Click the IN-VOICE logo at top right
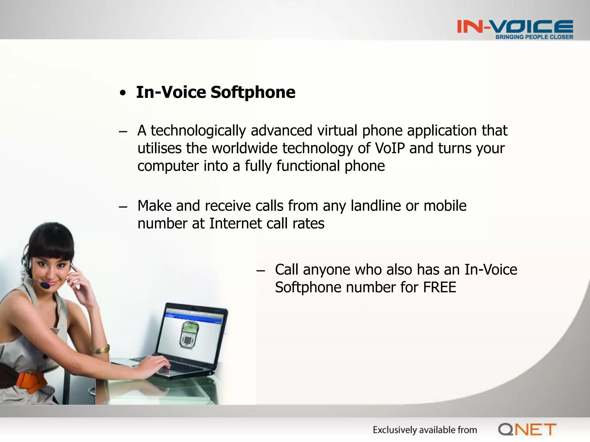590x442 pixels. click(515, 27)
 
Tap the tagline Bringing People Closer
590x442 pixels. click(534, 37)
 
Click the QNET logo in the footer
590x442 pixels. click(527, 430)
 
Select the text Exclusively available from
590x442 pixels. click(425, 430)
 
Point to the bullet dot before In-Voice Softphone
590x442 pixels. click(123, 93)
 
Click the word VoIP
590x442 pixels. click(390, 148)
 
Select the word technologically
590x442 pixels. click(198, 131)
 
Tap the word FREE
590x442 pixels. click(440, 287)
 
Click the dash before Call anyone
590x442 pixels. click(260, 271)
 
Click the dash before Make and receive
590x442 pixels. click(123, 207)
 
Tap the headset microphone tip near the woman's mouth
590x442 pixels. click(45, 285)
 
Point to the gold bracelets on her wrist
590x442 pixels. click(100, 349)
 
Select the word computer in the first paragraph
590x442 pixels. click(168, 166)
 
